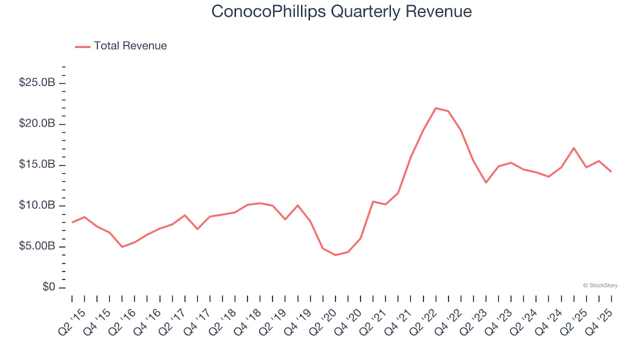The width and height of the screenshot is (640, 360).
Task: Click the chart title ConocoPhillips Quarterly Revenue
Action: pos(341,12)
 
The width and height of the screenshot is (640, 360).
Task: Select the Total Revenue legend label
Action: pos(130,46)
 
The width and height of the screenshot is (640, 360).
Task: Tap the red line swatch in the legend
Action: pos(83,46)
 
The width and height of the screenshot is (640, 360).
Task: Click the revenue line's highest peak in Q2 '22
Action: pos(436,108)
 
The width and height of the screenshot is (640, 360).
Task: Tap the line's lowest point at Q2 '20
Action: pos(335,255)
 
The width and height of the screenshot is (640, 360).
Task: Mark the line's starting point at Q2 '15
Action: pos(72,222)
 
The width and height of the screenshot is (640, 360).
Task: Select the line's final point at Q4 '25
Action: pos(611,172)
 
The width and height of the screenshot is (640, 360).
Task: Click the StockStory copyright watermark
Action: pos(601,285)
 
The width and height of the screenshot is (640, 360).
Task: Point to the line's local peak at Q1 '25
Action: pos(573,148)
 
